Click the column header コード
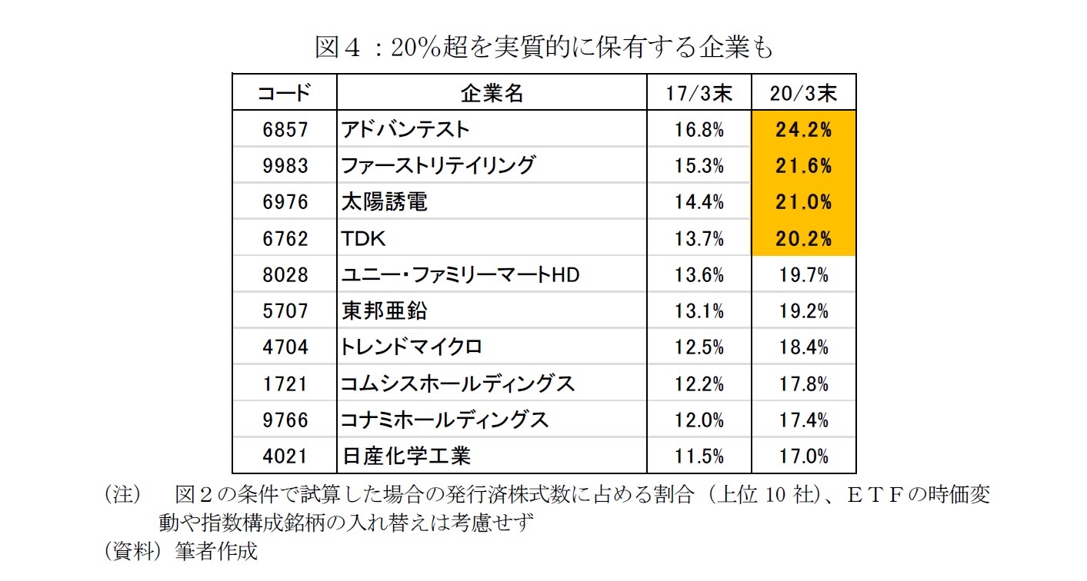[284, 94]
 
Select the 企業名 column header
[492, 94]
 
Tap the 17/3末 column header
[699, 94]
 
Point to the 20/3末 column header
[803, 94]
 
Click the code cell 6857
[284, 129]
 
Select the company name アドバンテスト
[405, 129]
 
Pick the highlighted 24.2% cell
[803, 129]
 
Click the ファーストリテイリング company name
[438, 165]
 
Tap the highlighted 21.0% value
[803, 201]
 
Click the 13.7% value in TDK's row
[699, 238]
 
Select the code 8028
[284, 274]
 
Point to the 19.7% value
[803, 274]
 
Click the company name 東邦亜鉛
[384, 310]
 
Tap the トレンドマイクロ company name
[412, 347]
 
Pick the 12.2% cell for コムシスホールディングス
[699, 383]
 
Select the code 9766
[284, 420]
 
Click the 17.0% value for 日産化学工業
[803, 456]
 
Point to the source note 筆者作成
[216, 551]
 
